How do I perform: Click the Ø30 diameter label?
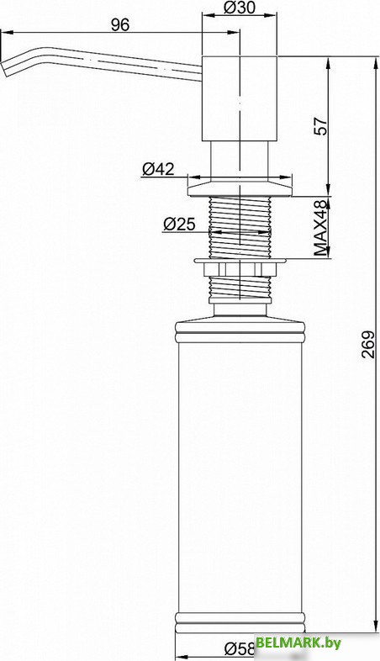[x=240, y=8]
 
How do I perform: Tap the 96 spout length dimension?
[x=120, y=25]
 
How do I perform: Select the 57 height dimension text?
[x=321, y=125]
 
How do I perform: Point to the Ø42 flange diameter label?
[x=158, y=169]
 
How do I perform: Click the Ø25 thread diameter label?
[x=179, y=224]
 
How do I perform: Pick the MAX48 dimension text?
[x=321, y=228]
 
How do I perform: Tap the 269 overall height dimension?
[x=368, y=345]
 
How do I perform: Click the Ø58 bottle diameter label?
[x=240, y=648]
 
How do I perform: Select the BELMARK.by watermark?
[x=298, y=642]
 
